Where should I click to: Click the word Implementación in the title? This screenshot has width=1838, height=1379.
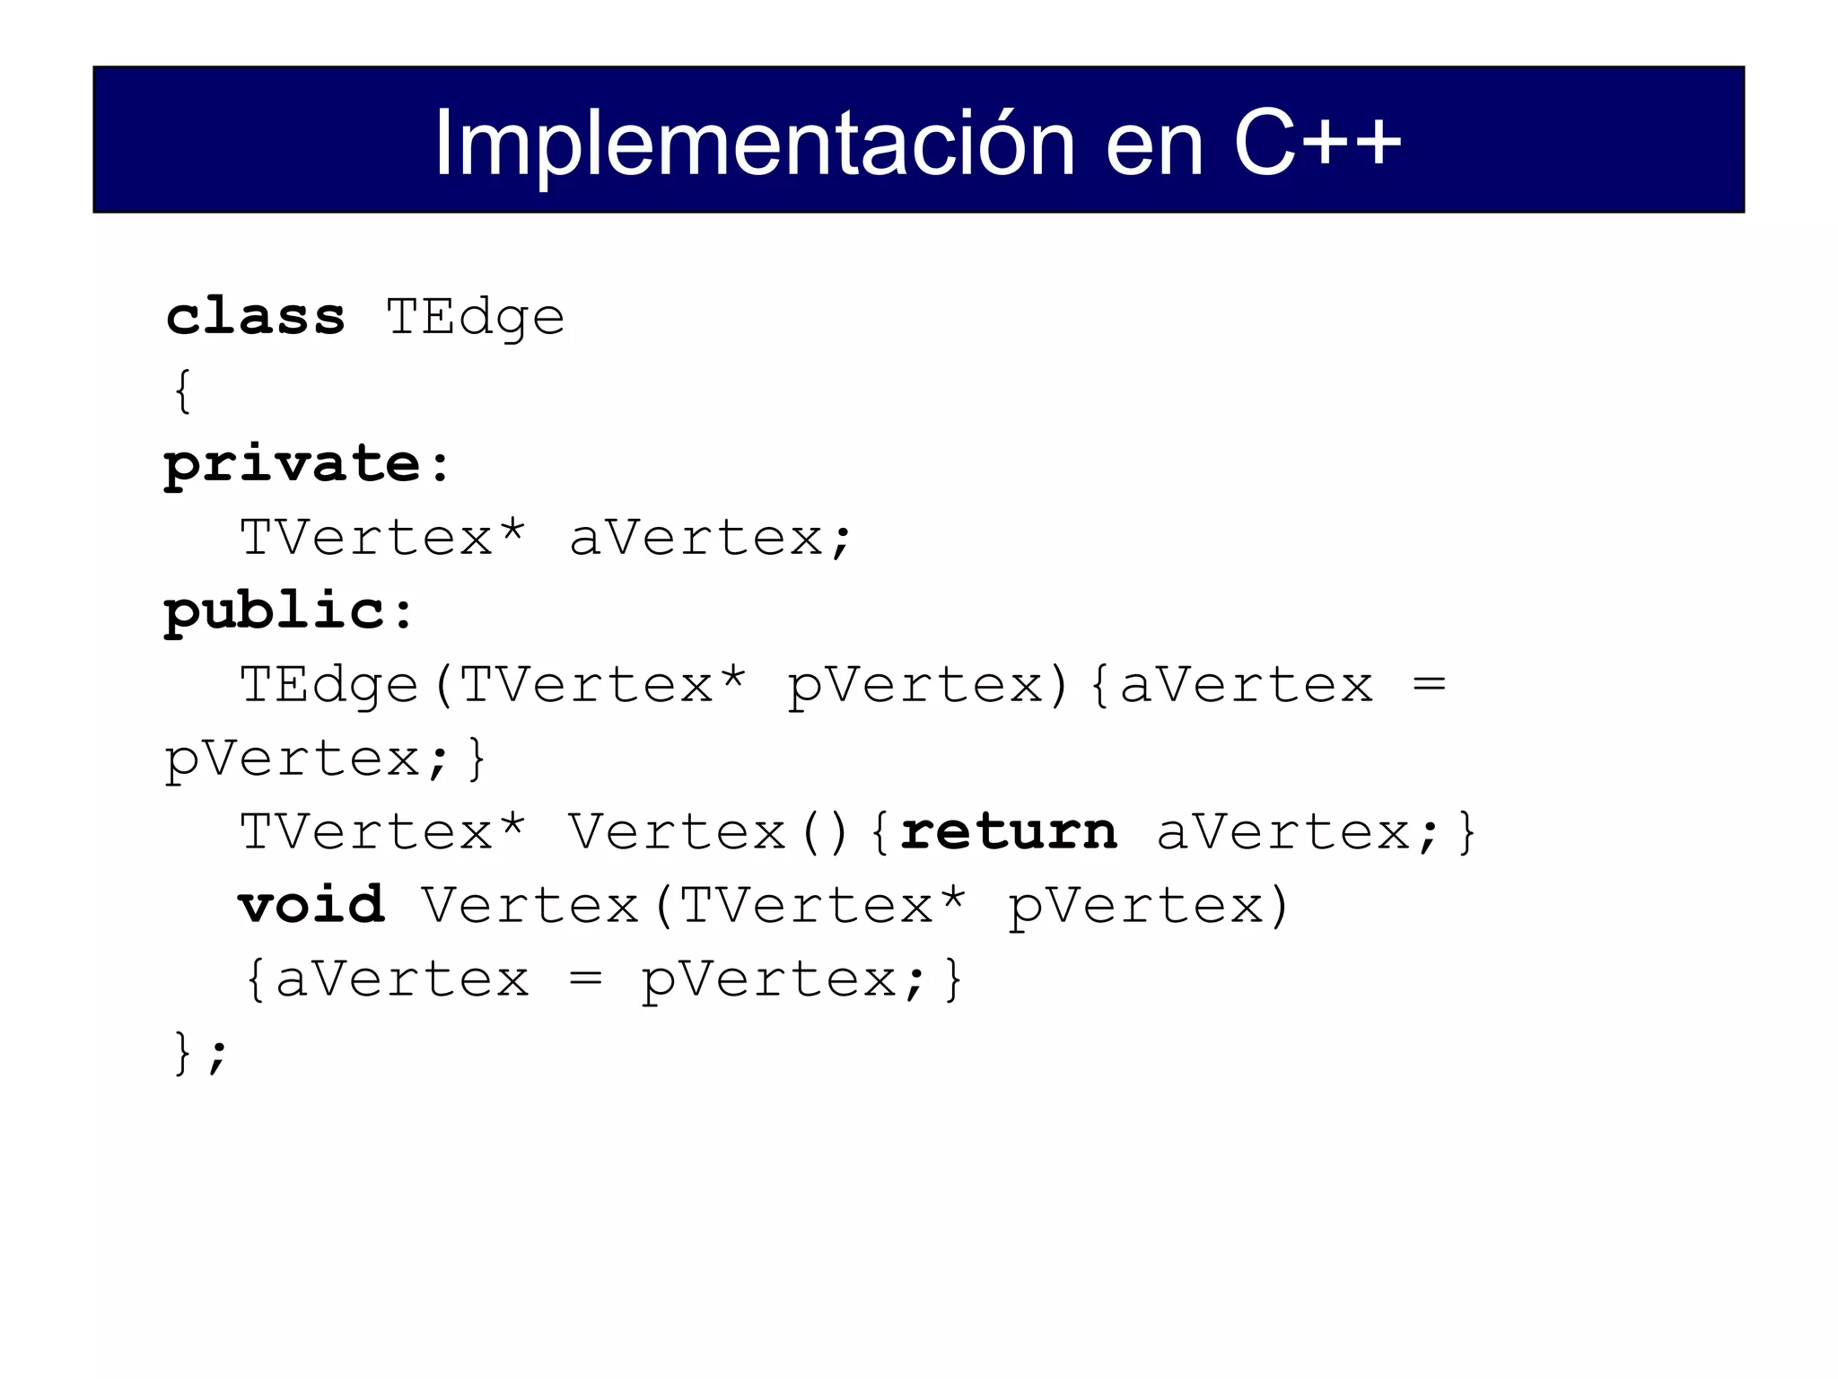pyautogui.click(x=754, y=144)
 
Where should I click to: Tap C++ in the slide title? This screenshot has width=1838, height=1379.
pyautogui.click(x=1317, y=144)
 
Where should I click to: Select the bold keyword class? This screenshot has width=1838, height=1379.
pyautogui.click(x=256, y=317)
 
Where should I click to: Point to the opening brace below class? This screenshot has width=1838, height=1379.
pyautogui.click(x=183, y=391)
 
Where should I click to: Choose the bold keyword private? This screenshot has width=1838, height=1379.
pyautogui.click(x=293, y=465)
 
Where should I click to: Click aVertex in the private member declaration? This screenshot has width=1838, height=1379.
pyautogui.click(x=696, y=539)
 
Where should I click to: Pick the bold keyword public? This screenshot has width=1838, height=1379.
pyautogui.click(x=275, y=612)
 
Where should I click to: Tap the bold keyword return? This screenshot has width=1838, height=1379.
pyautogui.click(x=1009, y=831)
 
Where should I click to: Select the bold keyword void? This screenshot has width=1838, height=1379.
pyautogui.click(x=311, y=905)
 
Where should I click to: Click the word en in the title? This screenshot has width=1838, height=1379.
pyautogui.click(x=1154, y=144)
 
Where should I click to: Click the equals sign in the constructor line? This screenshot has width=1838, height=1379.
pyautogui.click(x=1429, y=685)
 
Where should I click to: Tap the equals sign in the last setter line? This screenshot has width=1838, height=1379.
pyautogui.click(x=585, y=979)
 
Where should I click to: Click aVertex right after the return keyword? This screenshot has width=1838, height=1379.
pyautogui.click(x=1283, y=832)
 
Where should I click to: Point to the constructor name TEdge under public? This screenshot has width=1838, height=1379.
pyautogui.click(x=329, y=686)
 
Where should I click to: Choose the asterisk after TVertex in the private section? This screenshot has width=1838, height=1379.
pyautogui.click(x=512, y=531)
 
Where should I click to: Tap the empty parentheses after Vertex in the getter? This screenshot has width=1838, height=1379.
pyautogui.click(x=825, y=832)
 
